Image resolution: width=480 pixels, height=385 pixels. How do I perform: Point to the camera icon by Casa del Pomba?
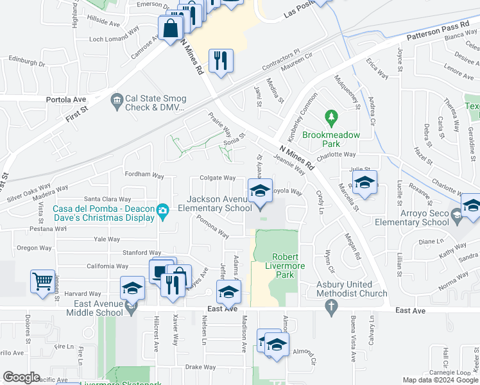click(163, 210)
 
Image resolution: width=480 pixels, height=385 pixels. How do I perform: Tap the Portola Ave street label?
click(65, 99)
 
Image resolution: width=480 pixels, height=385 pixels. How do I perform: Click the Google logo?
click(22, 377)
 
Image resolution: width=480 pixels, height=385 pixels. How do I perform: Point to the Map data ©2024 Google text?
click(440, 380)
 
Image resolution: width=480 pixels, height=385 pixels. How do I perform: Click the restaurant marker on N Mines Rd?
click(221, 61)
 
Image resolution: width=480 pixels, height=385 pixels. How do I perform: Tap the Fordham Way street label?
click(144, 175)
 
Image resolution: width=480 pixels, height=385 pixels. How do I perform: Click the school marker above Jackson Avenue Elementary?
click(260, 190)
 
